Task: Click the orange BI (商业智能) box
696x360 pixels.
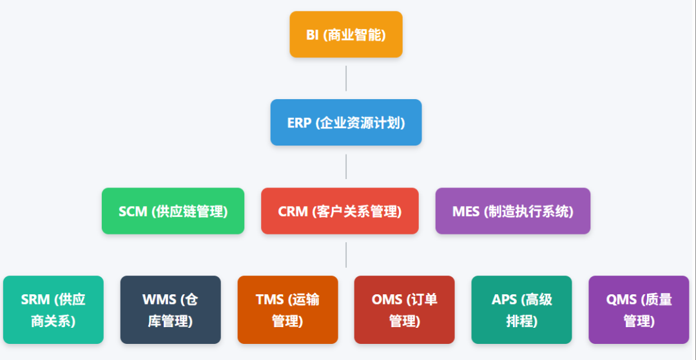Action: coord(346,35)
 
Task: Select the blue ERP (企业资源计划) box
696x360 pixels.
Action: coord(346,122)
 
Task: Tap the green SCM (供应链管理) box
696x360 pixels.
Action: coord(173,211)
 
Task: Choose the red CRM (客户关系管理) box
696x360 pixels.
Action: coord(340,211)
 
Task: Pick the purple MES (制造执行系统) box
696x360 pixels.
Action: coord(513,211)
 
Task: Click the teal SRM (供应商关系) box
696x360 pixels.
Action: coord(53,310)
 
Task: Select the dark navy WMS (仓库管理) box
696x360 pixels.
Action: coord(171,310)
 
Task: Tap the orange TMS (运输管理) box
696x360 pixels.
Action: coord(287,310)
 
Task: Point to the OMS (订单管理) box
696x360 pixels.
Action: coord(405,310)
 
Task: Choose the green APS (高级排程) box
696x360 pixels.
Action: coord(521,310)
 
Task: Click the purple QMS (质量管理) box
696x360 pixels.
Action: coord(639,310)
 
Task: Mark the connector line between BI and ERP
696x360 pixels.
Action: coord(346,78)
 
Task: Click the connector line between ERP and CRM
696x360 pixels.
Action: coord(346,166)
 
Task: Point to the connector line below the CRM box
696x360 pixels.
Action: coord(346,254)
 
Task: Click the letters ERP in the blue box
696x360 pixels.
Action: coord(299,122)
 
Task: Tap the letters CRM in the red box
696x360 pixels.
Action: coord(293,211)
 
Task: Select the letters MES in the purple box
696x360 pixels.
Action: coord(466,211)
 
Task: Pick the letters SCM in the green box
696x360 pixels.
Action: coord(133,211)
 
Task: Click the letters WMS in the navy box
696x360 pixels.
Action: coord(159,299)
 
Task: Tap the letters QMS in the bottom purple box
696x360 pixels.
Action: coord(621,299)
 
